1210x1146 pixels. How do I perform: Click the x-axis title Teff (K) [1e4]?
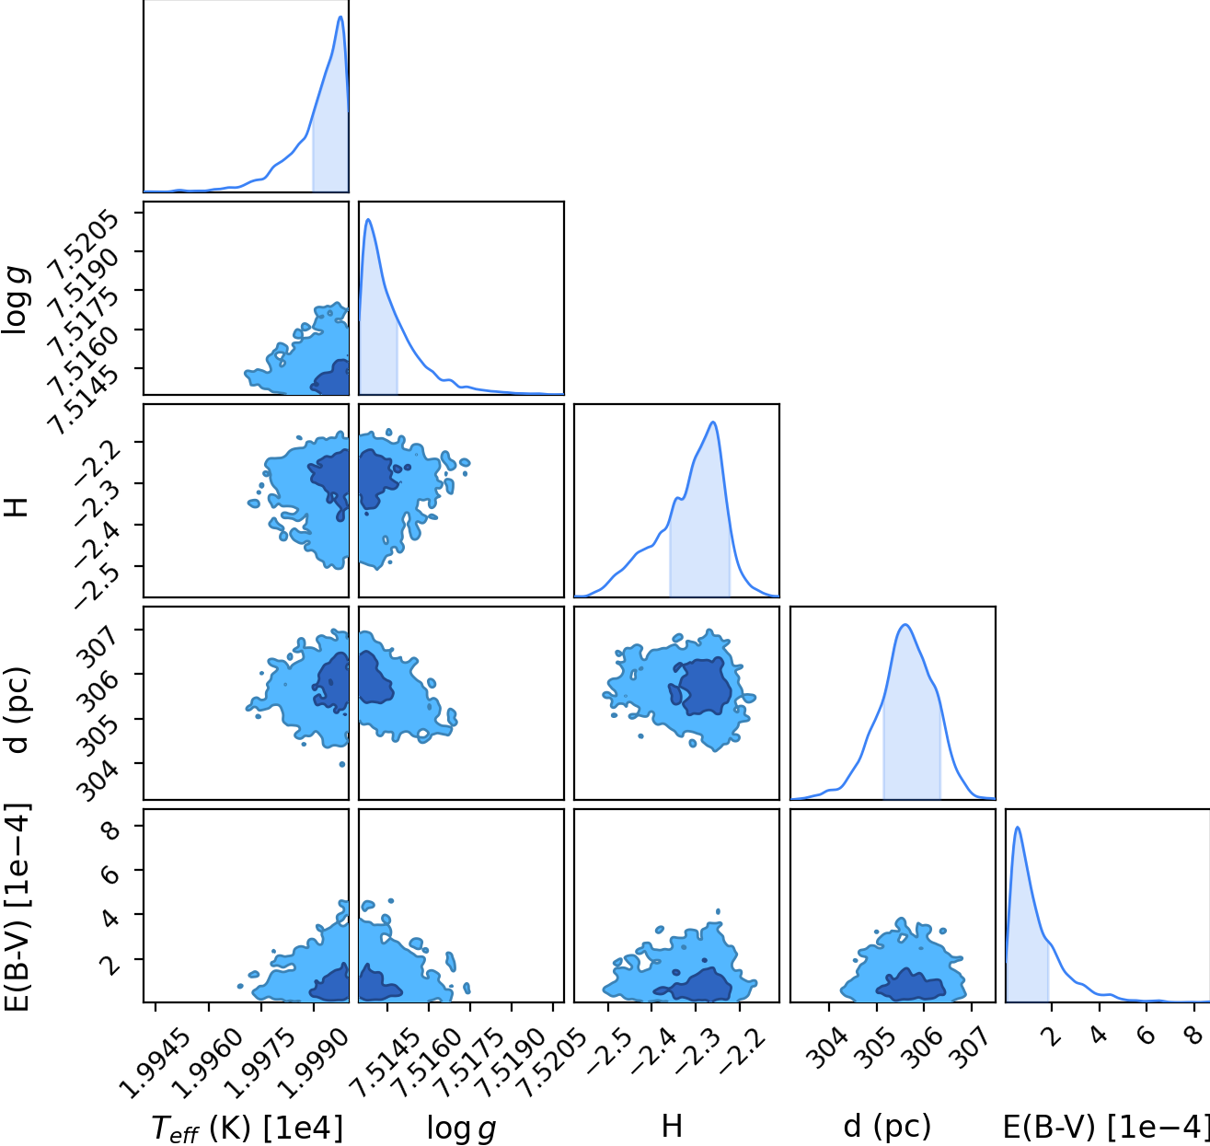click(x=247, y=1129)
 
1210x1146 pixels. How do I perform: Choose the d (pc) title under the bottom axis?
click(x=887, y=1127)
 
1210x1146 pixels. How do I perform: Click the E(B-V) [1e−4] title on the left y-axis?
click(x=16, y=908)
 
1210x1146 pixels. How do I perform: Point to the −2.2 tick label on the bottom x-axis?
click(x=743, y=1051)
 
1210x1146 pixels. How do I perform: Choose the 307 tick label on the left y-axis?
click(x=98, y=646)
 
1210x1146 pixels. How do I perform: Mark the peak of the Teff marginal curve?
click(x=340, y=17)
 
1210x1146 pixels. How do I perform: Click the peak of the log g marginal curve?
click(x=368, y=220)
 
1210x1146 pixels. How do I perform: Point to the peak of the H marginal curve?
click(x=713, y=422)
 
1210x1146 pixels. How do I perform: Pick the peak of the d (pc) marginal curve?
click(x=905, y=625)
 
